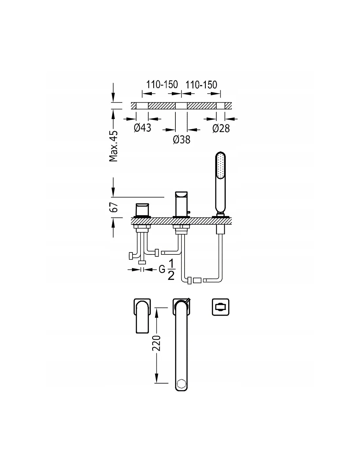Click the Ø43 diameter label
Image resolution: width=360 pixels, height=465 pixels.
coord(142,128)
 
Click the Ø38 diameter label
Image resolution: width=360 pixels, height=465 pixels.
coord(181,140)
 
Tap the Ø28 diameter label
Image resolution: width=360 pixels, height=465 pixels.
coord(221,129)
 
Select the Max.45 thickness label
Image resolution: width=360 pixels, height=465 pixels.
coord(113,146)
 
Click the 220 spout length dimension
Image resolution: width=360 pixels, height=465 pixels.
coord(156,343)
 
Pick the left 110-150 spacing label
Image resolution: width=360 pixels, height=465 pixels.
coord(162,84)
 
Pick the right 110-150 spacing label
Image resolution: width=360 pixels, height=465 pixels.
coord(201,85)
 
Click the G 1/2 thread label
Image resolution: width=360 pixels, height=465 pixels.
coord(167,270)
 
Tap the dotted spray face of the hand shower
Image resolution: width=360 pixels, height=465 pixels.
coord(220,166)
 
